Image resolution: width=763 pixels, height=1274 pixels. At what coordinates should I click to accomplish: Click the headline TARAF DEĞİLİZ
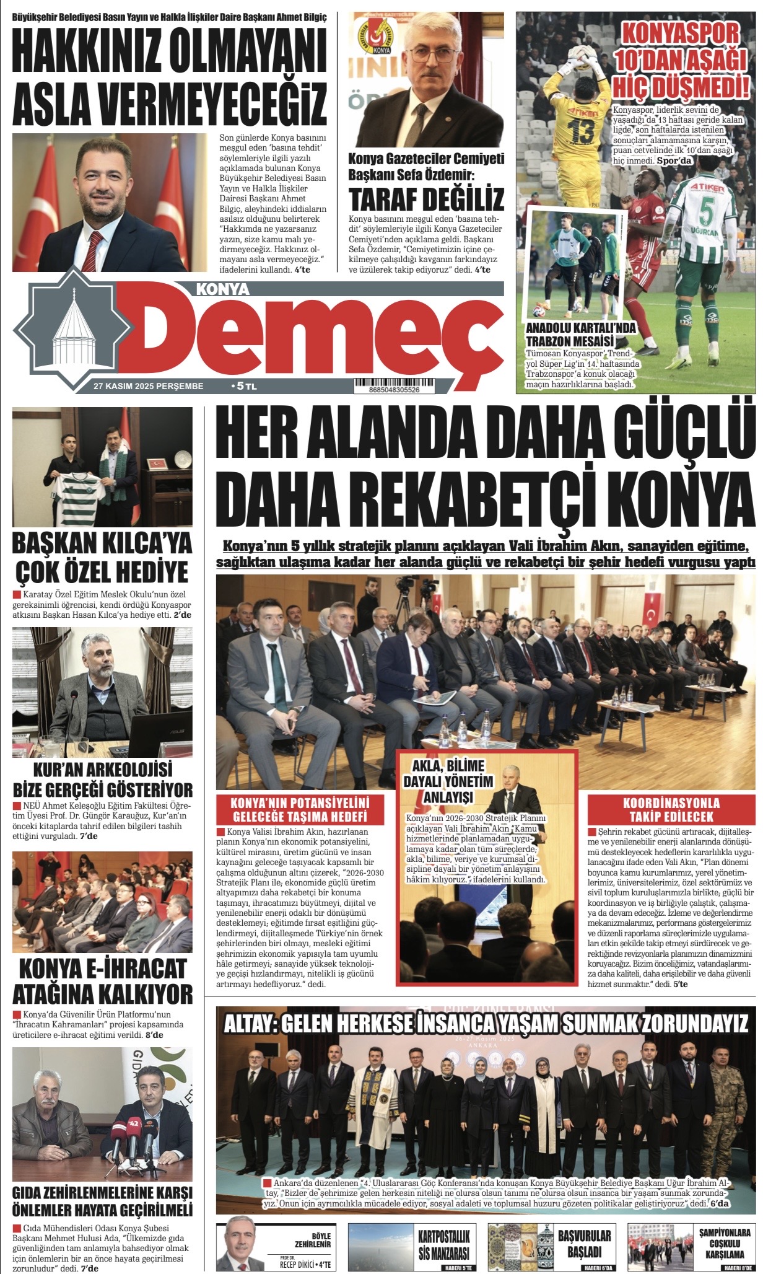(426, 200)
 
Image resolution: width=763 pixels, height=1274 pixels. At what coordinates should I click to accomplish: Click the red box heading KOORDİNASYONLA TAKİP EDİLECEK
(671, 809)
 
